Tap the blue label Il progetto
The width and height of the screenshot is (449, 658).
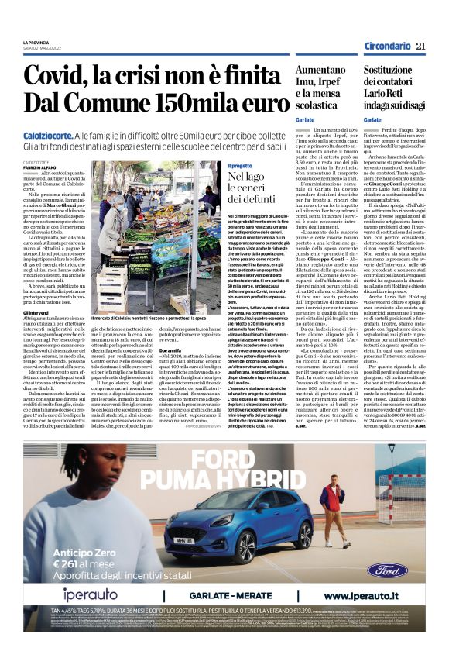tap(239, 166)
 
